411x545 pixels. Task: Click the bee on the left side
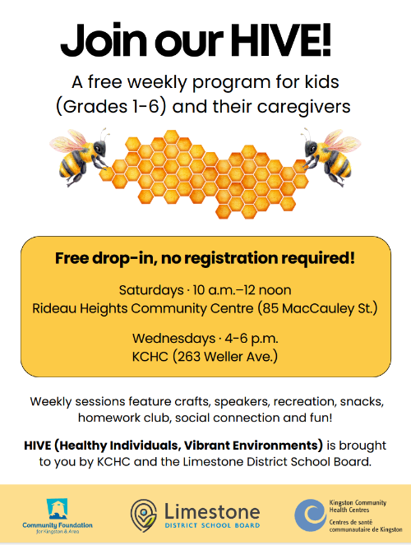coord(81,156)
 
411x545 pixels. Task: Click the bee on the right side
coord(331,156)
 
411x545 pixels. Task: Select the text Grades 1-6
coord(110,107)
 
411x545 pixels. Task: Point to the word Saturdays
coord(151,290)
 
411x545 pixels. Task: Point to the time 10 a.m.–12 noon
coord(242,290)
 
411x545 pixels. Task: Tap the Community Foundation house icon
coord(57,509)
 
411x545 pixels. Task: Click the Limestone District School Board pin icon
coord(144,515)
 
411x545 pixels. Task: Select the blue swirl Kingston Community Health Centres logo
coord(310,515)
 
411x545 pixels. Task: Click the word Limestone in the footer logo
coord(212,511)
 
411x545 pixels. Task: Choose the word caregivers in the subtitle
coord(303,107)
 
